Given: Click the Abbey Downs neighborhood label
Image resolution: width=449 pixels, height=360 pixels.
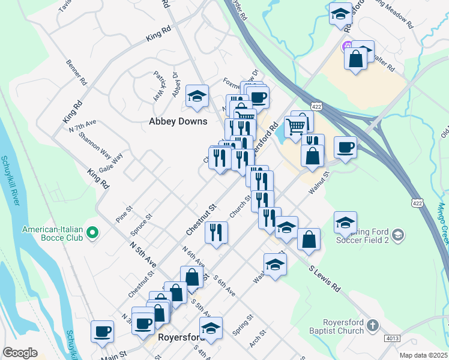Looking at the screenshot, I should coord(178,121).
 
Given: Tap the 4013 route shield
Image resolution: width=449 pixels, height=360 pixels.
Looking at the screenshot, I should coord(393,338).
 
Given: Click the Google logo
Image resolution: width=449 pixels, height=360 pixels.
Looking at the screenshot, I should coord(20,353).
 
